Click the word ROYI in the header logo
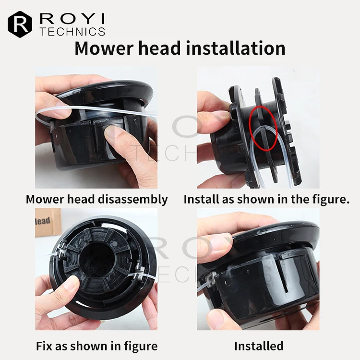[x=72, y=20]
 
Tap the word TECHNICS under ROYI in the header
[x=72, y=32]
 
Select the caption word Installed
[x=259, y=346]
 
